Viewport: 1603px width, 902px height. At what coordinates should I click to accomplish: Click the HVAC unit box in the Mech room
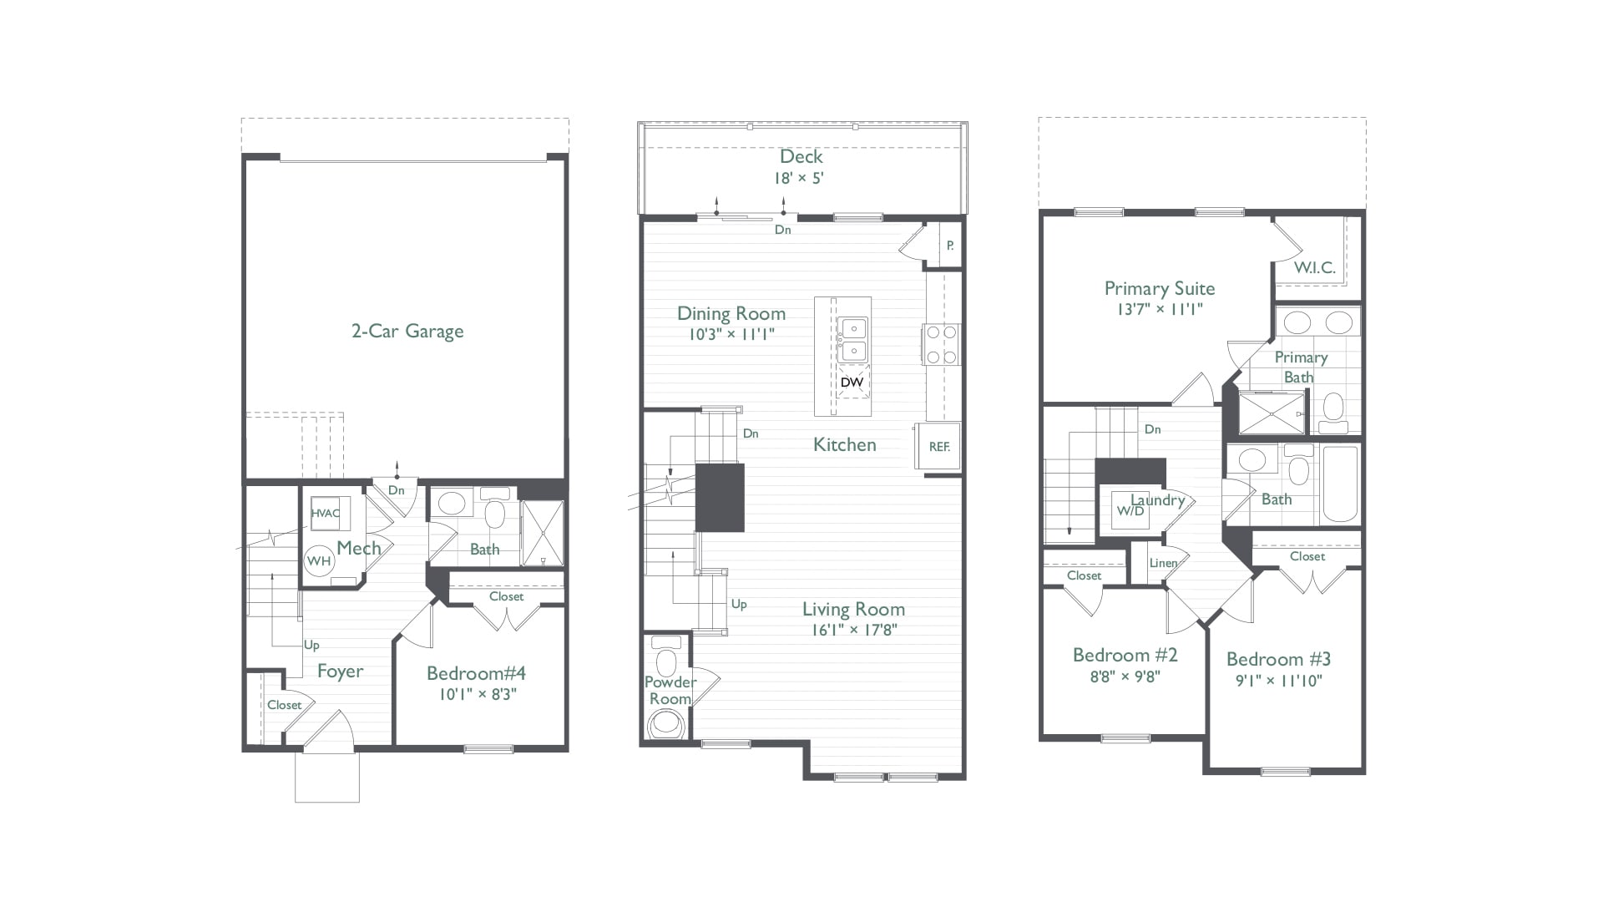pos(326,513)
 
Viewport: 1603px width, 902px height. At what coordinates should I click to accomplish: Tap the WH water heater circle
pos(319,560)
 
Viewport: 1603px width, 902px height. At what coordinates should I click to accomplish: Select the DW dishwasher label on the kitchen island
pos(852,383)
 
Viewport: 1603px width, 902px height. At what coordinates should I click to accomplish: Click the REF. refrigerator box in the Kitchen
pos(939,447)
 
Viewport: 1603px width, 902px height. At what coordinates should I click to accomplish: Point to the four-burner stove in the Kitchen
pos(942,344)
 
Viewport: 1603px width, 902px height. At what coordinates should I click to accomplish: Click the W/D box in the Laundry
pos(1130,510)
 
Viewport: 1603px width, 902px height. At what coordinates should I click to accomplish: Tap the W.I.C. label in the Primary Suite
pos(1314,268)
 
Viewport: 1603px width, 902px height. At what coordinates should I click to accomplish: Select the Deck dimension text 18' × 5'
pos(801,178)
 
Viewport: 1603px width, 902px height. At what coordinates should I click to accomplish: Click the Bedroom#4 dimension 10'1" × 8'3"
pos(476,694)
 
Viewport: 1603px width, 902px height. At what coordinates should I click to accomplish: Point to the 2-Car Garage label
pos(407,332)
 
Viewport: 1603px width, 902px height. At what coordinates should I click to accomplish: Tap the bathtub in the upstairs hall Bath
pos(1339,484)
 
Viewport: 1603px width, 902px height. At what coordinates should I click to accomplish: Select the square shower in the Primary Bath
pos(1271,413)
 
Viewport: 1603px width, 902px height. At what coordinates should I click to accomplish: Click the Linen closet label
pos(1163,563)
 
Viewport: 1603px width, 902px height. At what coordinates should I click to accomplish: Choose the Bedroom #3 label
pos(1278,659)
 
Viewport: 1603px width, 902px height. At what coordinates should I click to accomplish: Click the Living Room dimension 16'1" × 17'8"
pos(853,631)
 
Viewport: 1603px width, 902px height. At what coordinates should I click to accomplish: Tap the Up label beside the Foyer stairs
pos(311,645)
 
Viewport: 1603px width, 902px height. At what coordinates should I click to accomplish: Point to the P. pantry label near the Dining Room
pos(950,246)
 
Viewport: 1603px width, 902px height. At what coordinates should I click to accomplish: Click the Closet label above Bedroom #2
pos(1084,575)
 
